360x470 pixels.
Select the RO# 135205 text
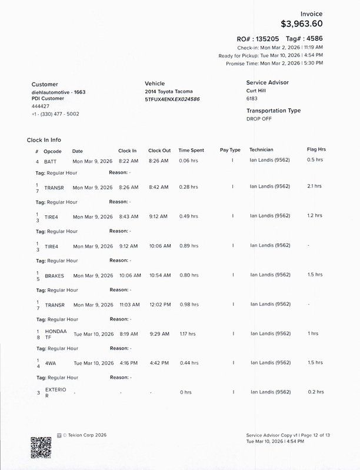coord(258,38)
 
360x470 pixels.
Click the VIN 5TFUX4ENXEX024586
coord(172,100)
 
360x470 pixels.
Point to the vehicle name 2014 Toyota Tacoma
coord(168,92)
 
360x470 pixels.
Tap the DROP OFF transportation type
coord(259,118)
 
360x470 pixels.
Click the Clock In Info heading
coord(44,140)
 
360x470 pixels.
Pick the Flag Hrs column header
coord(316,151)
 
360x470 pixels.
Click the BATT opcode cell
coord(51,161)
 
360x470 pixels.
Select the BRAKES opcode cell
coord(54,275)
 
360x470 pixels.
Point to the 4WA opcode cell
coord(51,362)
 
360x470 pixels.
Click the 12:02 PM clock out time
coord(159,304)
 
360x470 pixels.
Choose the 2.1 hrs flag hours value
coord(314,186)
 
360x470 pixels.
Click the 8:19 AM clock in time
coord(128,334)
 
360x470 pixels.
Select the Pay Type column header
coord(230,151)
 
